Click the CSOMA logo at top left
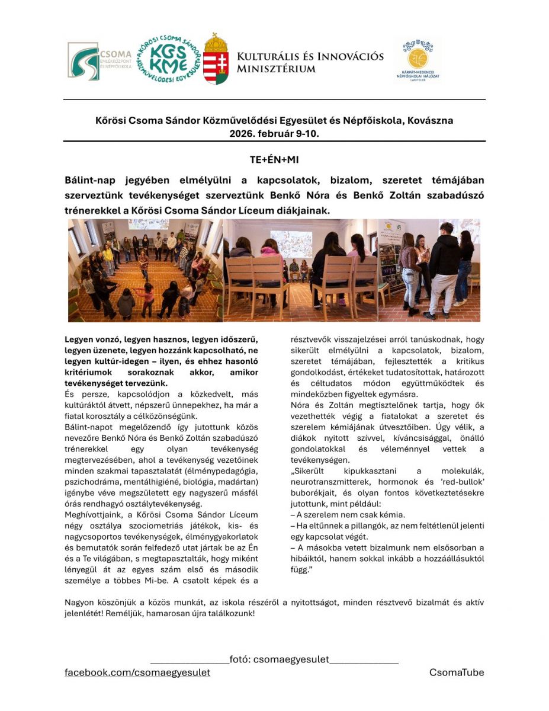tap(99, 60)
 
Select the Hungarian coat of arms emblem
tap(216, 59)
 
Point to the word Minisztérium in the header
tap(276, 69)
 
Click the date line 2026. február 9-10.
tap(274, 133)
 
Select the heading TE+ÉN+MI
tap(274, 160)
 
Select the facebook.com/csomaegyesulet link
tap(137, 672)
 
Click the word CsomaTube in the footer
tap(457, 672)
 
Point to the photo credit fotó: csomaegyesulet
tap(291, 659)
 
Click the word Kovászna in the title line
tap(431, 121)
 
